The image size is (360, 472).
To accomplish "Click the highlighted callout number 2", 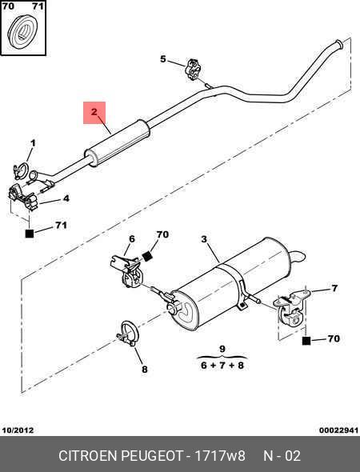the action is (94, 112).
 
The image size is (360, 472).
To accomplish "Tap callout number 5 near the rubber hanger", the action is (163, 59).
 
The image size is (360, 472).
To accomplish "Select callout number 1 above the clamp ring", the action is (33, 143).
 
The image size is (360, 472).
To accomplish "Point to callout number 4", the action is (66, 198).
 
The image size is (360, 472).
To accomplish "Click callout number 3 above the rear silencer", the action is (204, 240).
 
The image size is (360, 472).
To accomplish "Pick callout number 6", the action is (132, 239).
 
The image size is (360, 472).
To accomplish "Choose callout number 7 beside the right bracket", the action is (334, 288).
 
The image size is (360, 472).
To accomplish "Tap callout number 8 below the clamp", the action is (145, 369).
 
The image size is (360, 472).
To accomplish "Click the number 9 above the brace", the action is (222, 349).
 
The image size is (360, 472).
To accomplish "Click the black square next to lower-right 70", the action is (306, 341).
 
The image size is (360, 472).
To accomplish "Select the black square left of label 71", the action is (29, 234).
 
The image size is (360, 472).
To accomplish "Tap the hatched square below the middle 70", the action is (147, 257).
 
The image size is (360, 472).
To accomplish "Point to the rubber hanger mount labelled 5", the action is (193, 70).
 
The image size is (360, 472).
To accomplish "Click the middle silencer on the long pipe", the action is (118, 143).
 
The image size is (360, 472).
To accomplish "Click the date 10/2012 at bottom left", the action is (18, 430).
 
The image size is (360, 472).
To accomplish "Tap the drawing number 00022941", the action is (339, 430).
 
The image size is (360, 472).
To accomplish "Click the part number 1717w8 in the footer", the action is (221, 456).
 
